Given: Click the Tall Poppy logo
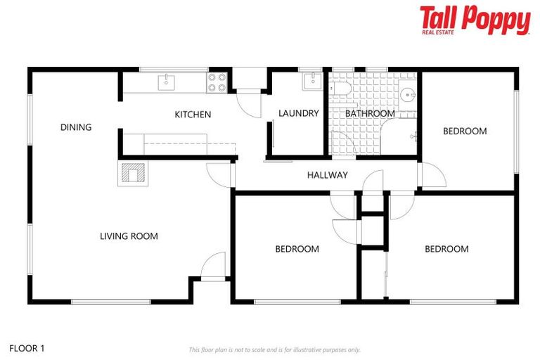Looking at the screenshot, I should click(475, 20).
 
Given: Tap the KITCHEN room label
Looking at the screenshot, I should click(193, 115).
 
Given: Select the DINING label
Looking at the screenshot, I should click(76, 127).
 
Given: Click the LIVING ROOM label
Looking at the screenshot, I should click(129, 236).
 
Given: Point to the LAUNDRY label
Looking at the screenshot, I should click(299, 113).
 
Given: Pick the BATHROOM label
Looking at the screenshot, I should click(370, 113).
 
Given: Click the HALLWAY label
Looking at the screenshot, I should click(328, 175).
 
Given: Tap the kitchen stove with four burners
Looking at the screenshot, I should click(217, 83).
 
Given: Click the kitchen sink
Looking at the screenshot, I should click(165, 82).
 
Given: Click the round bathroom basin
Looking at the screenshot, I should click(407, 94).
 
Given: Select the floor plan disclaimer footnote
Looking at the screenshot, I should click(275, 349).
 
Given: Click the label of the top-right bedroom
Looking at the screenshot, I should click(464, 131).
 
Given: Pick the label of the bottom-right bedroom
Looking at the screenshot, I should click(446, 249).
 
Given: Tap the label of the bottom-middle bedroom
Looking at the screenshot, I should click(297, 249).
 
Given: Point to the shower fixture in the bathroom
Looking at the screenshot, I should click(416, 135).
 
